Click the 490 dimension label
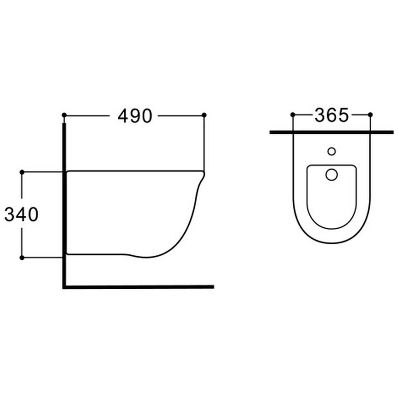(135, 116)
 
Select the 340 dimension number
(21, 215)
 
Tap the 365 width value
(332, 115)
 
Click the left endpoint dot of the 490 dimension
(64, 115)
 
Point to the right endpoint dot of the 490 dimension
(204, 115)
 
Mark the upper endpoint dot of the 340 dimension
(22, 172)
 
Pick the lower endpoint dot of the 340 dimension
(22, 258)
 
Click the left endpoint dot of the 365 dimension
(293, 115)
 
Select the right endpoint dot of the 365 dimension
(370, 115)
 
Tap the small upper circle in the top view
(331, 151)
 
